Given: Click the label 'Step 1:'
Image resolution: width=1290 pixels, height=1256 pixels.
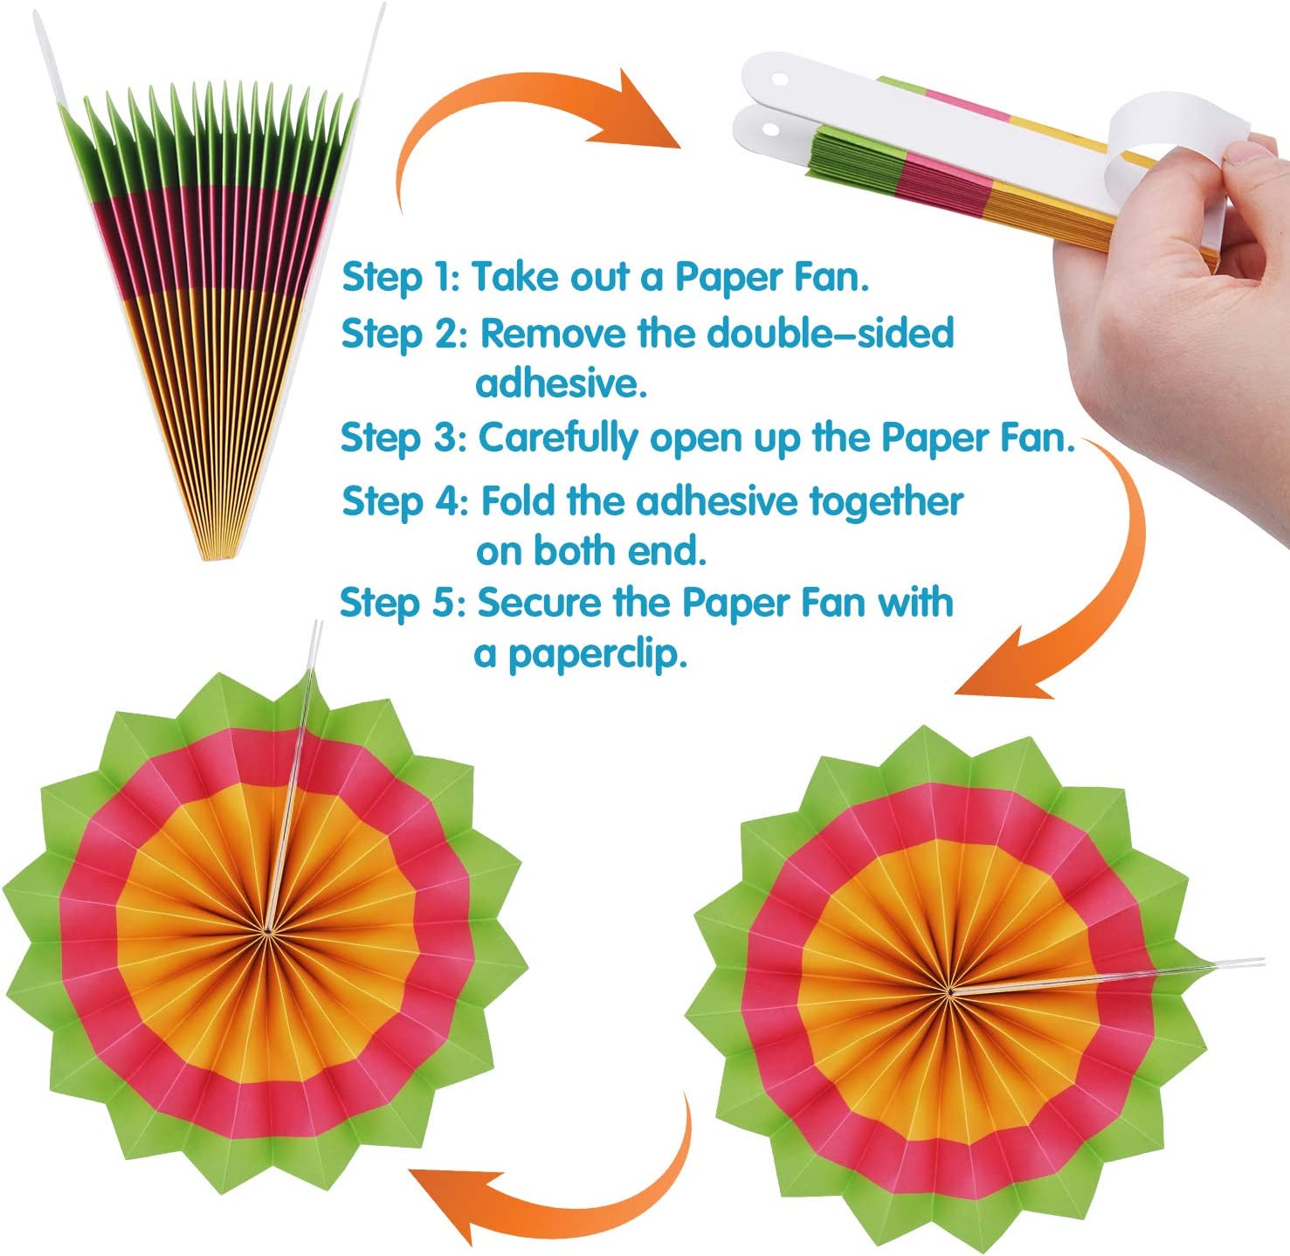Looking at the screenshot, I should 400,277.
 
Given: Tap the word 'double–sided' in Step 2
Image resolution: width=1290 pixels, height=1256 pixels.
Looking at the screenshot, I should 830,334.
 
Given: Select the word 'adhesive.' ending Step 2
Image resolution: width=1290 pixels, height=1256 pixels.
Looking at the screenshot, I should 561,383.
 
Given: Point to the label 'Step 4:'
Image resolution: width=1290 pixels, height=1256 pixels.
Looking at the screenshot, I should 405,501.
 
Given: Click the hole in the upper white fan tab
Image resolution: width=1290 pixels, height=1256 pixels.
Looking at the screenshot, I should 777,79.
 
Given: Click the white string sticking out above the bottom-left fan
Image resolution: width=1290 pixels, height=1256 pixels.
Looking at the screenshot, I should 314,651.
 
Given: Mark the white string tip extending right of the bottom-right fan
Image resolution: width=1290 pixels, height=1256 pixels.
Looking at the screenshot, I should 1240,963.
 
